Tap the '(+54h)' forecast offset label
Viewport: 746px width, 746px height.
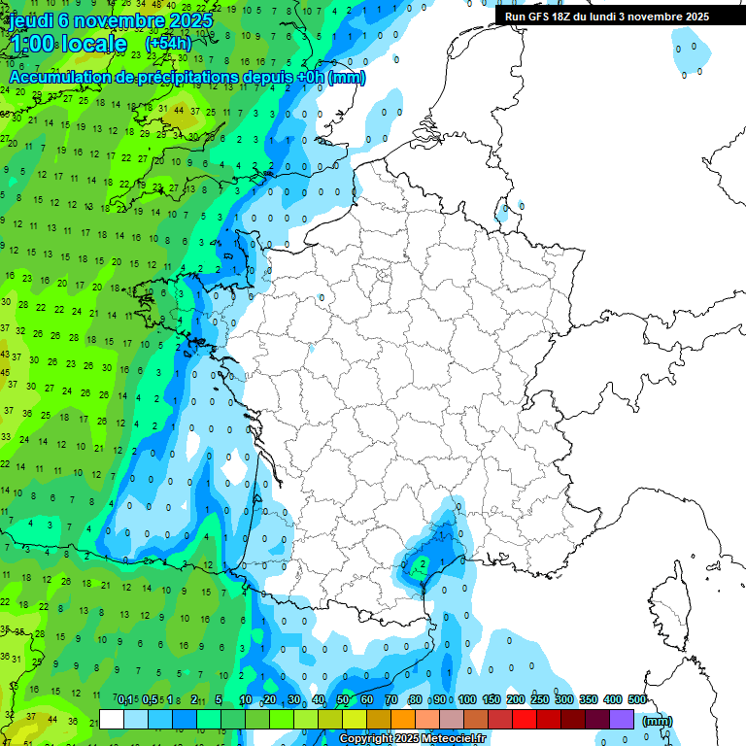coord(168,44)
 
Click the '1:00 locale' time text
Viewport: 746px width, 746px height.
coord(68,44)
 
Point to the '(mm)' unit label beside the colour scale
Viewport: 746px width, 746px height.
coord(658,721)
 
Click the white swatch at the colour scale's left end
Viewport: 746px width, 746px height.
coord(112,719)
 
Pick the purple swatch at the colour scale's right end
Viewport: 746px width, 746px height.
coord(622,719)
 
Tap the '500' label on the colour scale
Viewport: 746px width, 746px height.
coord(637,700)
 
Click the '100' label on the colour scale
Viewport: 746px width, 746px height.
coord(466,700)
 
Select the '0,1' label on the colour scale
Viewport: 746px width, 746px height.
coord(125,700)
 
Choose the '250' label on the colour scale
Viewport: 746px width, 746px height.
coord(540,700)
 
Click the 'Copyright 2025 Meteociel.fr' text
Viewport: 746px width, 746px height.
coord(413,739)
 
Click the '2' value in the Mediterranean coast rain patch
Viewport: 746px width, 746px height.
coord(422,562)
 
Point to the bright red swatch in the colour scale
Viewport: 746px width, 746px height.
coord(525,719)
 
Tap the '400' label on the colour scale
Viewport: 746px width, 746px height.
coord(613,700)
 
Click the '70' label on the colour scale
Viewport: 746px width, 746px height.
coord(391,700)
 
